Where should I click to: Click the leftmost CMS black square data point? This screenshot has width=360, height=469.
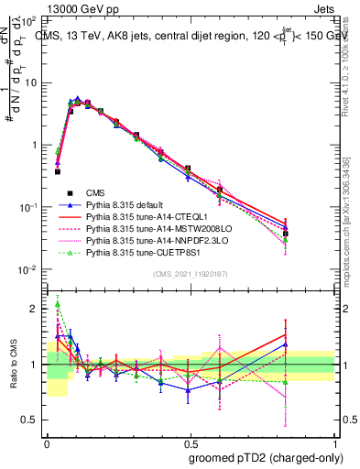coord(58,171)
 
